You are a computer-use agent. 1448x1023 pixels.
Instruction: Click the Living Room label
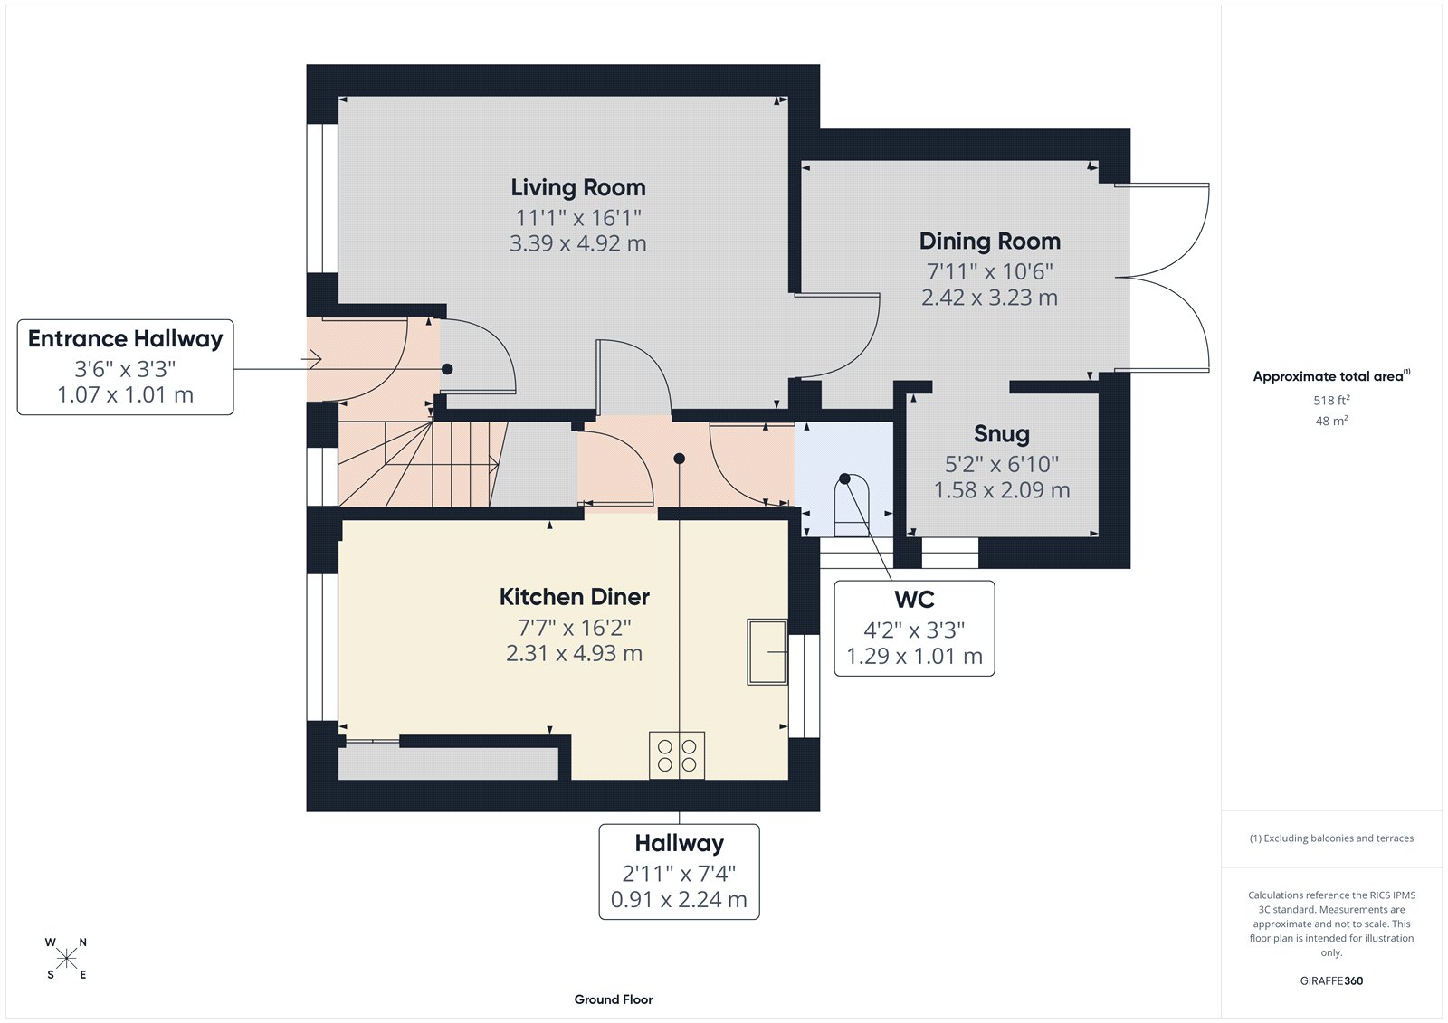coord(577,187)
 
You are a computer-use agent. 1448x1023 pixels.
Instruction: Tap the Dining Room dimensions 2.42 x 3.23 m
coord(989,298)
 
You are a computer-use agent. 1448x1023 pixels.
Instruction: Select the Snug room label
coord(1001,434)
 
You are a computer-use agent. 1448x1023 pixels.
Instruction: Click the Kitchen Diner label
coord(574,597)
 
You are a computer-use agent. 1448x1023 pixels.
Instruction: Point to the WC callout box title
coord(914,600)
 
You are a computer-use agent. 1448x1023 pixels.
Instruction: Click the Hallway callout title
coord(679,843)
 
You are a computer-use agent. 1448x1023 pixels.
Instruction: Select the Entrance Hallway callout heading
coord(125,339)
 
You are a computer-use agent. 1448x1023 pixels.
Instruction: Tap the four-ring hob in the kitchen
coord(677,755)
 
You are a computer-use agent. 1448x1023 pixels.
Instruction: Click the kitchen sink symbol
coord(767,651)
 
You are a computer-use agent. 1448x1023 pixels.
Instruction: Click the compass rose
coord(66,958)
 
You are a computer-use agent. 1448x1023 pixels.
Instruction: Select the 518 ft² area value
coord(1330,400)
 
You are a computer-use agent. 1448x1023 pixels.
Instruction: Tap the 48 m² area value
coord(1330,421)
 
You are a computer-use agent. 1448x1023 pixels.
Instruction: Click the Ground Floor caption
coord(613,999)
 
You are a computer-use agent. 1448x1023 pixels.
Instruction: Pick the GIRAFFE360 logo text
coord(1330,980)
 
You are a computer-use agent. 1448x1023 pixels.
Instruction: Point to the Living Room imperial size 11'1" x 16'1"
coord(577,218)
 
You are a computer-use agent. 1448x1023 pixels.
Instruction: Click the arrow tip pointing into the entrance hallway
coord(319,360)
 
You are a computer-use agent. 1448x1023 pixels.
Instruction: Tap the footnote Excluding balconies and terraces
coord(1331,838)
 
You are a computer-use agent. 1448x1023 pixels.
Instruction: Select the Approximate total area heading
coord(1330,376)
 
